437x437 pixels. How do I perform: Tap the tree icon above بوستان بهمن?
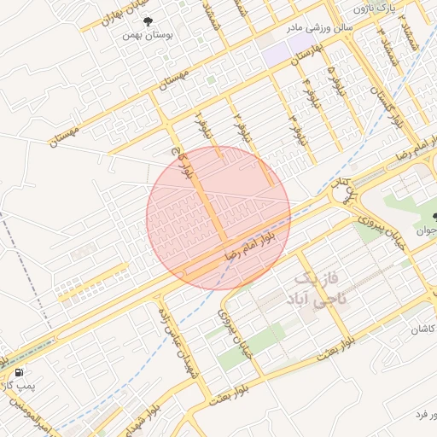pyautogui.click(x=149, y=21)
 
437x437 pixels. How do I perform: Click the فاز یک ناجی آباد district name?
pyautogui.click(x=318, y=290)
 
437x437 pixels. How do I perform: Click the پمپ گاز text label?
pyautogui.click(x=15, y=387)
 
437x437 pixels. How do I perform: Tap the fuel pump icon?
pyautogui.click(x=18, y=372)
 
